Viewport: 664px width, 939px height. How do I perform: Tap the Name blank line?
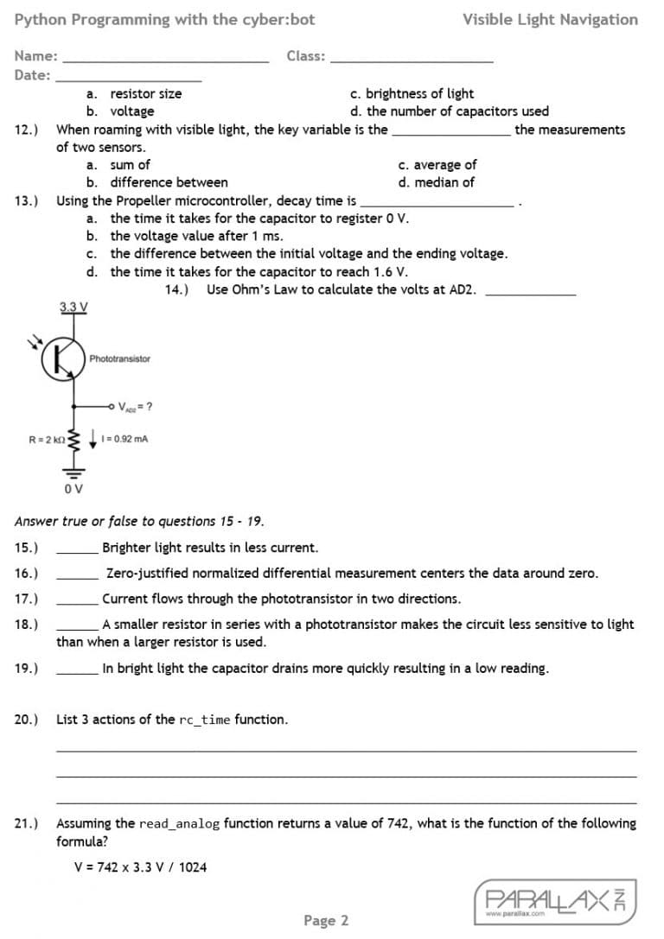point(166,60)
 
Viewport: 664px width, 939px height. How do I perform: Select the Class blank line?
point(412,60)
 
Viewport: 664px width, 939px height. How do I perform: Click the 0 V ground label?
point(73,490)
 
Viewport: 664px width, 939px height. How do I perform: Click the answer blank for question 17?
point(77,603)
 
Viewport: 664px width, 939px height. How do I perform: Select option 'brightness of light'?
point(419,93)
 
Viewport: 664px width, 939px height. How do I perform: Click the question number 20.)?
point(27,720)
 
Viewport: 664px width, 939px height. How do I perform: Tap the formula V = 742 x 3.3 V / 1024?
point(141,867)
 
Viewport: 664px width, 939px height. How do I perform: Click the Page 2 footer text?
point(326,921)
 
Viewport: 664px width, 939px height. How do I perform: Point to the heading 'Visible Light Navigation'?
point(550,19)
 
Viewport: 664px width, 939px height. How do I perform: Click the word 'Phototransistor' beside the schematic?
point(119,358)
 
